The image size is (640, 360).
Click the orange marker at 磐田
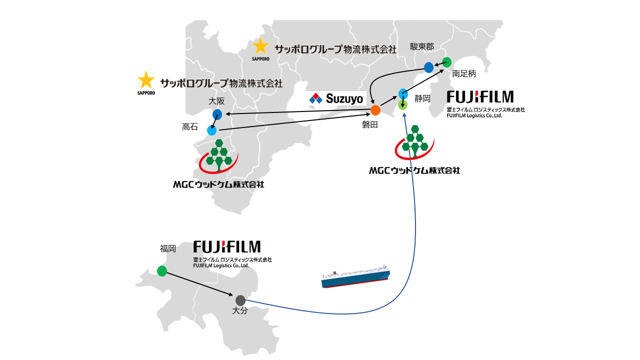pyautogui.click(x=375, y=110)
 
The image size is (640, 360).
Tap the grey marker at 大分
pyautogui.click(x=240, y=300)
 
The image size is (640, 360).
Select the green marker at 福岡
pyautogui.click(x=162, y=271)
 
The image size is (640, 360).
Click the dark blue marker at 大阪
pyautogui.click(x=217, y=114)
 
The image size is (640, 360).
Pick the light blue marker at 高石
pyautogui.click(x=212, y=130)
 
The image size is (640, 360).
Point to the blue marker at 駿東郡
pyautogui.click(x=428, y=67)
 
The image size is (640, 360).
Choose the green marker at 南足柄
pyautogui.click(x=447, y=62)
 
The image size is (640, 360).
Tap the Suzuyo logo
pyautogui.click(x=336, y=98)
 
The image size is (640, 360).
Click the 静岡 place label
pyautogui.click(x=422, y=98)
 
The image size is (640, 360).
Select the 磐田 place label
pyautogui.click(x=370, y=125)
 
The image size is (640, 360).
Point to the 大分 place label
pyautogui.click(x=240, y=311)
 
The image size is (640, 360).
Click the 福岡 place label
pyautogui.click(x=168, y=248)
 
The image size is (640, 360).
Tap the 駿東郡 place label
pyautogui.click(x=421, y=46)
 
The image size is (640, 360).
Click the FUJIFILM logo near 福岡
pyautogui.click(x=227, y=246)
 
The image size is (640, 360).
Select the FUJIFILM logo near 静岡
pyautogui.click(x=480, y=96)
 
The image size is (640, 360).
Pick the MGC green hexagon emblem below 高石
pyautogui.click(x=218, y=155)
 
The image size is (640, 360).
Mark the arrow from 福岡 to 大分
pyautogui.click(x=200, y=285)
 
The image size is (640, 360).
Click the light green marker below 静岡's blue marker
pyautogui.click(x=403, y=105)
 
